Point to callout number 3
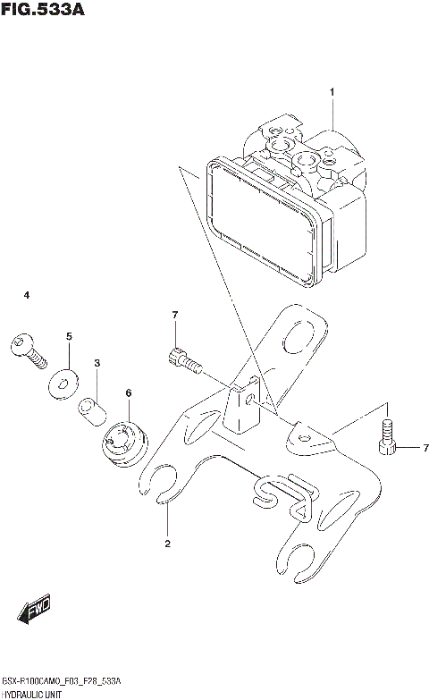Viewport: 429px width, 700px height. [x=97, y=362]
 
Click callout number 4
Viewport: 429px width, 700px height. [x=27, y=295]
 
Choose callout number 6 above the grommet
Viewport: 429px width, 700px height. [x=129, y=392]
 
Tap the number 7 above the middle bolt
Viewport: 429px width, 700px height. [x=175, y=315]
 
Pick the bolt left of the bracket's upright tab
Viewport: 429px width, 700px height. [x=182, y=362]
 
